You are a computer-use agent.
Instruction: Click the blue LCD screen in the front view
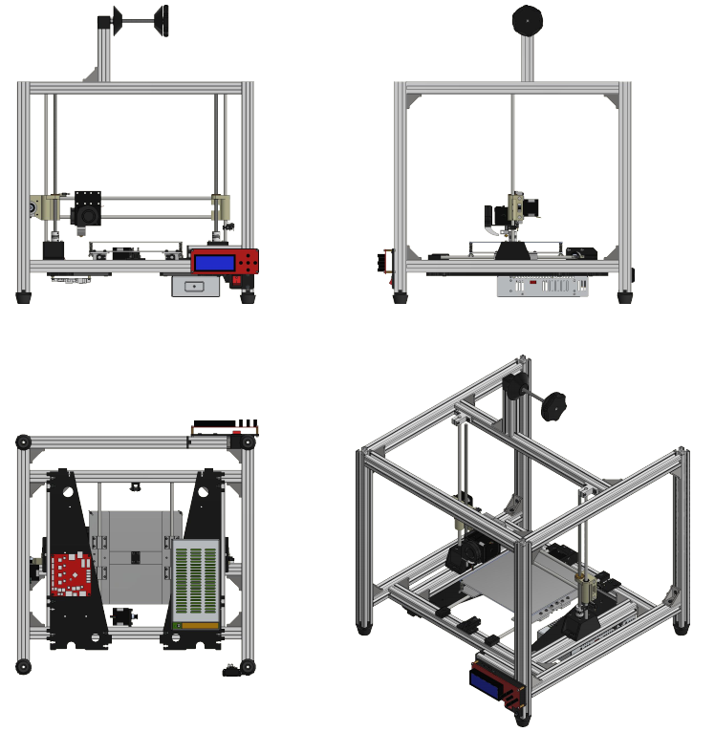point(215,261)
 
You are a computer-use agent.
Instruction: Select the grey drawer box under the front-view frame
point(194,286)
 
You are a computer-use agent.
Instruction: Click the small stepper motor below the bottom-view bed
point(121,616)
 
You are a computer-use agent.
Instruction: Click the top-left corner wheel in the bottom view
point(23,442)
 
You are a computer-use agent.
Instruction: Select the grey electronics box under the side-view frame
point(542,286)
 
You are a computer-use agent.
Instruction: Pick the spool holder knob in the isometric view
point(553,405)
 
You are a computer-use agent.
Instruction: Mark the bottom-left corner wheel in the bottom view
point(22,665)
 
